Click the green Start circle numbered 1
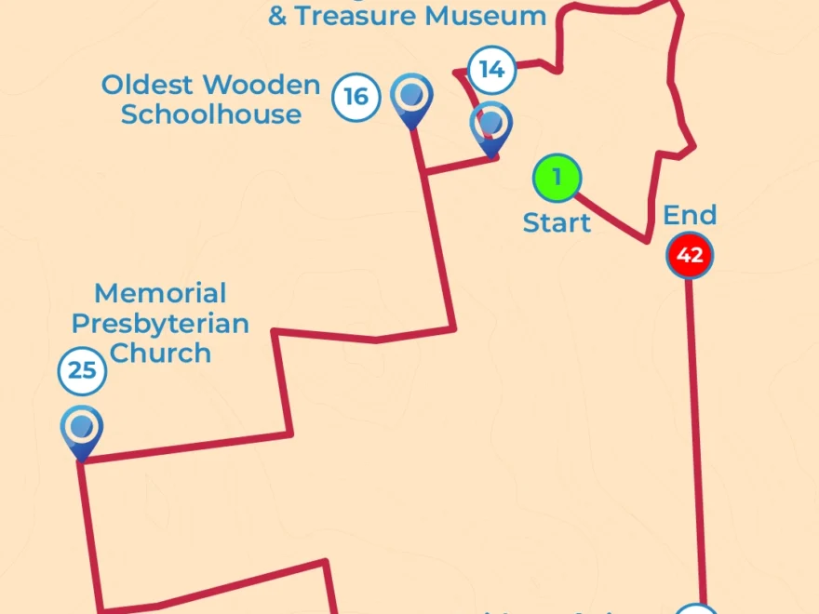pos(557,177)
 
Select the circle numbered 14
pos(491,70)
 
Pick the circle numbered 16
pos(356,97)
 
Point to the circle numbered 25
pos(82,371)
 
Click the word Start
pos(557,223)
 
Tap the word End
pos(690,216)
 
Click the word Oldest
pos(148,86)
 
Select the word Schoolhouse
pos(211,115)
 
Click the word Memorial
pos(160,294)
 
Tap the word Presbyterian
pos(160,324)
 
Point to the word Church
pos(160,354)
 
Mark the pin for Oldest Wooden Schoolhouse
pos(411,98)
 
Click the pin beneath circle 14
pos(490,126)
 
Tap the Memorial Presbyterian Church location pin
pos(82,431)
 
